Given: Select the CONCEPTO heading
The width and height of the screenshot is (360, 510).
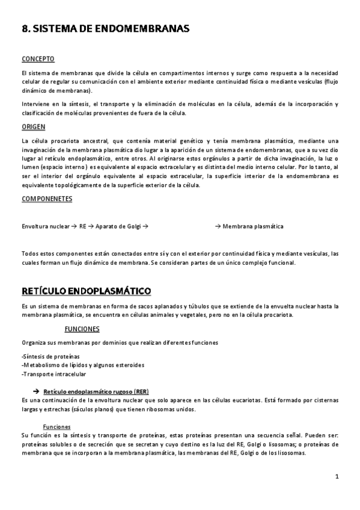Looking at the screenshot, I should [38, 59].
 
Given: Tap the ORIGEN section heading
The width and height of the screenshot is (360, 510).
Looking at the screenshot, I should [34, 127].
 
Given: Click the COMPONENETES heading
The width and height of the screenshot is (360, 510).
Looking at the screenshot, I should [47, 198].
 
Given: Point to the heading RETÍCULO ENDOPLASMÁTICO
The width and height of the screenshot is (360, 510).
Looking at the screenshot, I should [86, 292].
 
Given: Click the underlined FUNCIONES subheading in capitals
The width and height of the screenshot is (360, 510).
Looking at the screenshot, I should [82, 329].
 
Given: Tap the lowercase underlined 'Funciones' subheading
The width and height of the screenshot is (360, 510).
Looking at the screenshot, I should [62, 426].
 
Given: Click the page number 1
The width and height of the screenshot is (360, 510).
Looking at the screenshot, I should [338, 476].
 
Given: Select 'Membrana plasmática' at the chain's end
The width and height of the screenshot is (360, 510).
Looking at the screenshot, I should [253, 227].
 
